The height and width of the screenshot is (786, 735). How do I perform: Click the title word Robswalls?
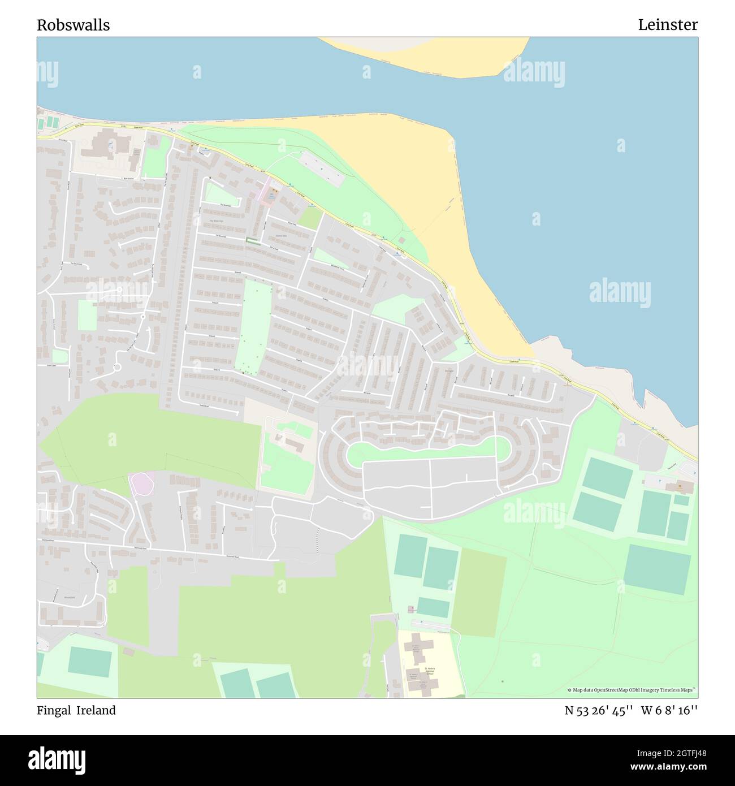tap(73, 25)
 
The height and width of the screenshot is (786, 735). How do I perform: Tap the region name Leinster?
tap(668, 25)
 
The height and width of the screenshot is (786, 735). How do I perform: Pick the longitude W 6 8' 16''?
tap(669, 711)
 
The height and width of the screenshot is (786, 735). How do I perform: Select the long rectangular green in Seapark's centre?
tap(253, 327)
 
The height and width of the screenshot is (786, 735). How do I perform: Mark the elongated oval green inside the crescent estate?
tap(427, 451)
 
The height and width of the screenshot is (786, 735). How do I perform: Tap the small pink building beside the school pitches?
tap(411, 609)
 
